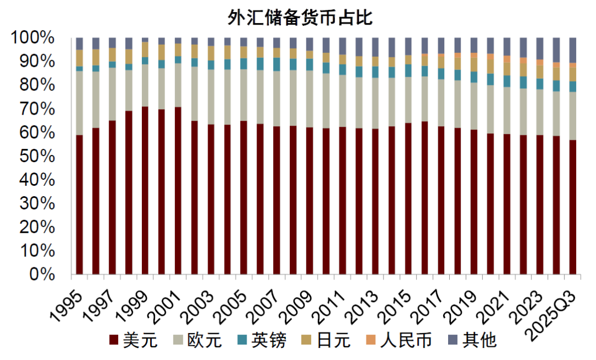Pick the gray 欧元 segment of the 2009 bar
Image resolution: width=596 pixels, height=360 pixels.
(x=310, y=99)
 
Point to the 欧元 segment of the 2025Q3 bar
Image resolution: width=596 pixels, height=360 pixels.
(x=573, y=116)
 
